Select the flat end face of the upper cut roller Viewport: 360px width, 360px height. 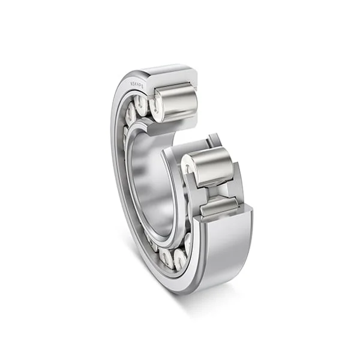[x=157, y=106]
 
